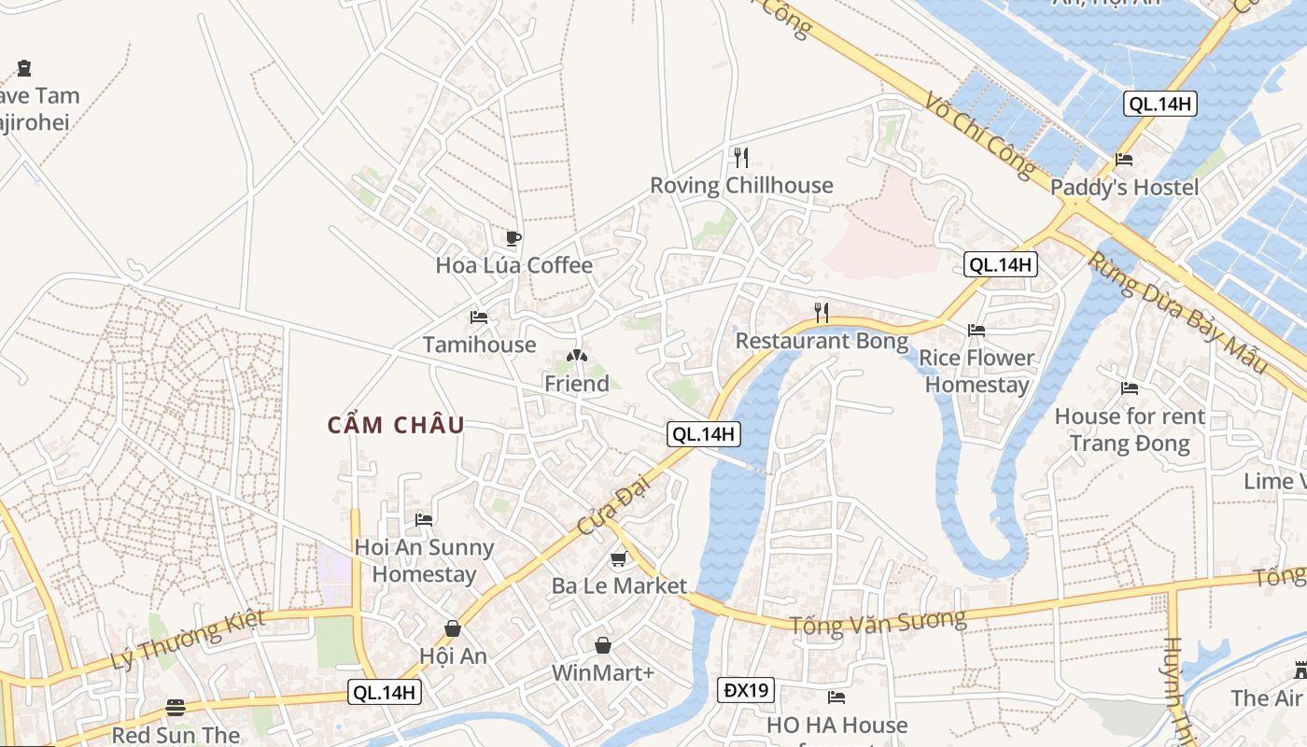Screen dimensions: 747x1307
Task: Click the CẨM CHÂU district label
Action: click(396, 425)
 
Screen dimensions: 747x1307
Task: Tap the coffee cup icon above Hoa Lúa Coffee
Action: click(513, 238)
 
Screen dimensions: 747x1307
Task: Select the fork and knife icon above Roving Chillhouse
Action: click(741, 157)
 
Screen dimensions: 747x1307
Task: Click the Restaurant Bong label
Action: click(822, 341)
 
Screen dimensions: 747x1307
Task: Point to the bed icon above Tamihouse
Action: click(479, 317)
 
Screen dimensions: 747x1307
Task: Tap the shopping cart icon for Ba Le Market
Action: click(618, 559)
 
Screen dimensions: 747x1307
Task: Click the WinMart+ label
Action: click(603, 672)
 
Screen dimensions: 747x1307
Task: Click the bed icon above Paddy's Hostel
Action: click(1124, 160)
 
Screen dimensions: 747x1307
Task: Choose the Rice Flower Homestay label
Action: click(977, 371)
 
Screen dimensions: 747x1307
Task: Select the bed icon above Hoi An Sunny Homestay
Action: click(424, 519)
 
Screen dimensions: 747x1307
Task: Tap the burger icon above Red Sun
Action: click(176, 707)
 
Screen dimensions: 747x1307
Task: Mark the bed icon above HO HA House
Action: click(836, 698)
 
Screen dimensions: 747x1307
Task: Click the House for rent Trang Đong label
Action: click(1130, 429)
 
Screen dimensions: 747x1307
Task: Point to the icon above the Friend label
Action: click(577, 356)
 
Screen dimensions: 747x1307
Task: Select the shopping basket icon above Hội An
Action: click(453, 628)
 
